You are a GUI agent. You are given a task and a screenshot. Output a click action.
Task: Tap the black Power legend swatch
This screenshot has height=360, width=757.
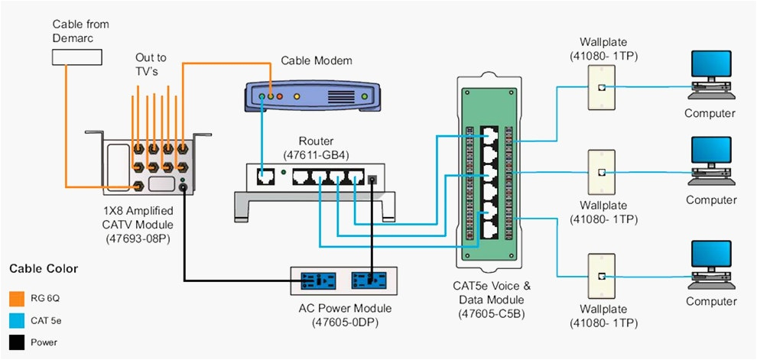(x=17, y=342)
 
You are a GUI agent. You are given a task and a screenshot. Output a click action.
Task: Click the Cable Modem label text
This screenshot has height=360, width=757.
(x=317, y=60)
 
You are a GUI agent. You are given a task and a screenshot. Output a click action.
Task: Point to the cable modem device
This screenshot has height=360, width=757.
(x=314, y=97)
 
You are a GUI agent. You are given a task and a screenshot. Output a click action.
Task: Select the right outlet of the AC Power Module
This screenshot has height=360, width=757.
(x=371, y=281)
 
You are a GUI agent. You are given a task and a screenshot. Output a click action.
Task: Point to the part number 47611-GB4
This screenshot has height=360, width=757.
(x=317, y=154)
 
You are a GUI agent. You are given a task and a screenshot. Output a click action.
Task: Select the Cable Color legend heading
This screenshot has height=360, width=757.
(x=44, y=269)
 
